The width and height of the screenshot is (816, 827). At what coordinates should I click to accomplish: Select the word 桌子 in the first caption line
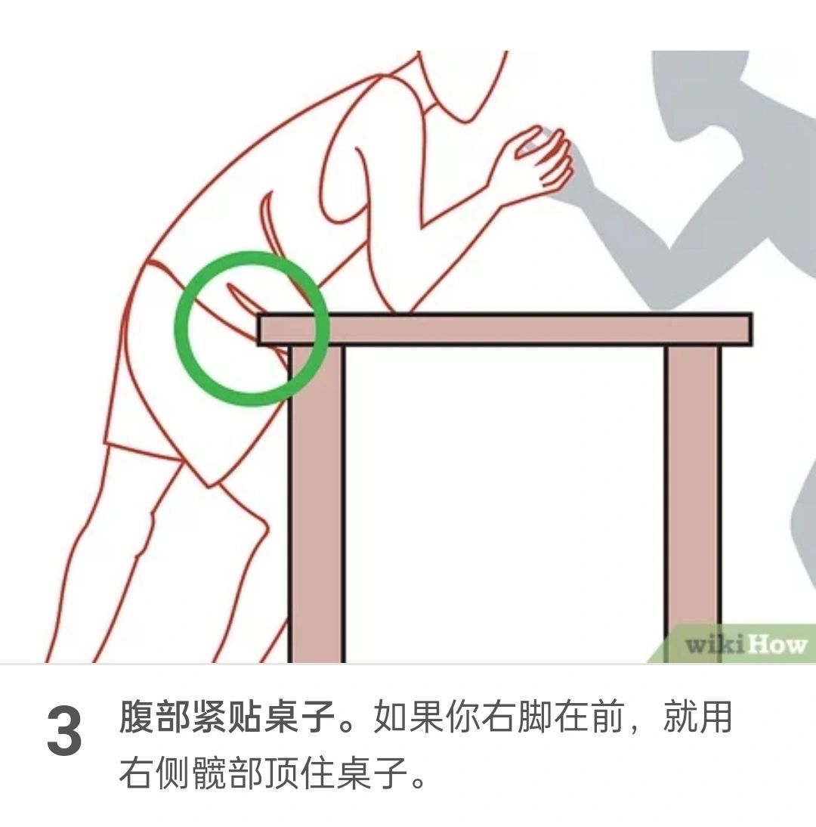pyautogui.click(x=301, y=717)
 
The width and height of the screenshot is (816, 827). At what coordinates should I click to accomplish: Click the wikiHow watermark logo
pyautogui.click(x=746, y=645)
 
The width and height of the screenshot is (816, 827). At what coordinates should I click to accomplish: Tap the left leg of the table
pyautogui.click(x=317, y=503)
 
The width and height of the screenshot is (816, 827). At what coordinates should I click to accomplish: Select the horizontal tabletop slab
pyautogui.click(x=505, y=329)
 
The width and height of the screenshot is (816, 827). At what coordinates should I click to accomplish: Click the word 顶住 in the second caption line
pyautogui.click(x=301, y=773)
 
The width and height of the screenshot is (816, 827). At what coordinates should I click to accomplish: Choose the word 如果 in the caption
pyautogui.click(x=409, y=717)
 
